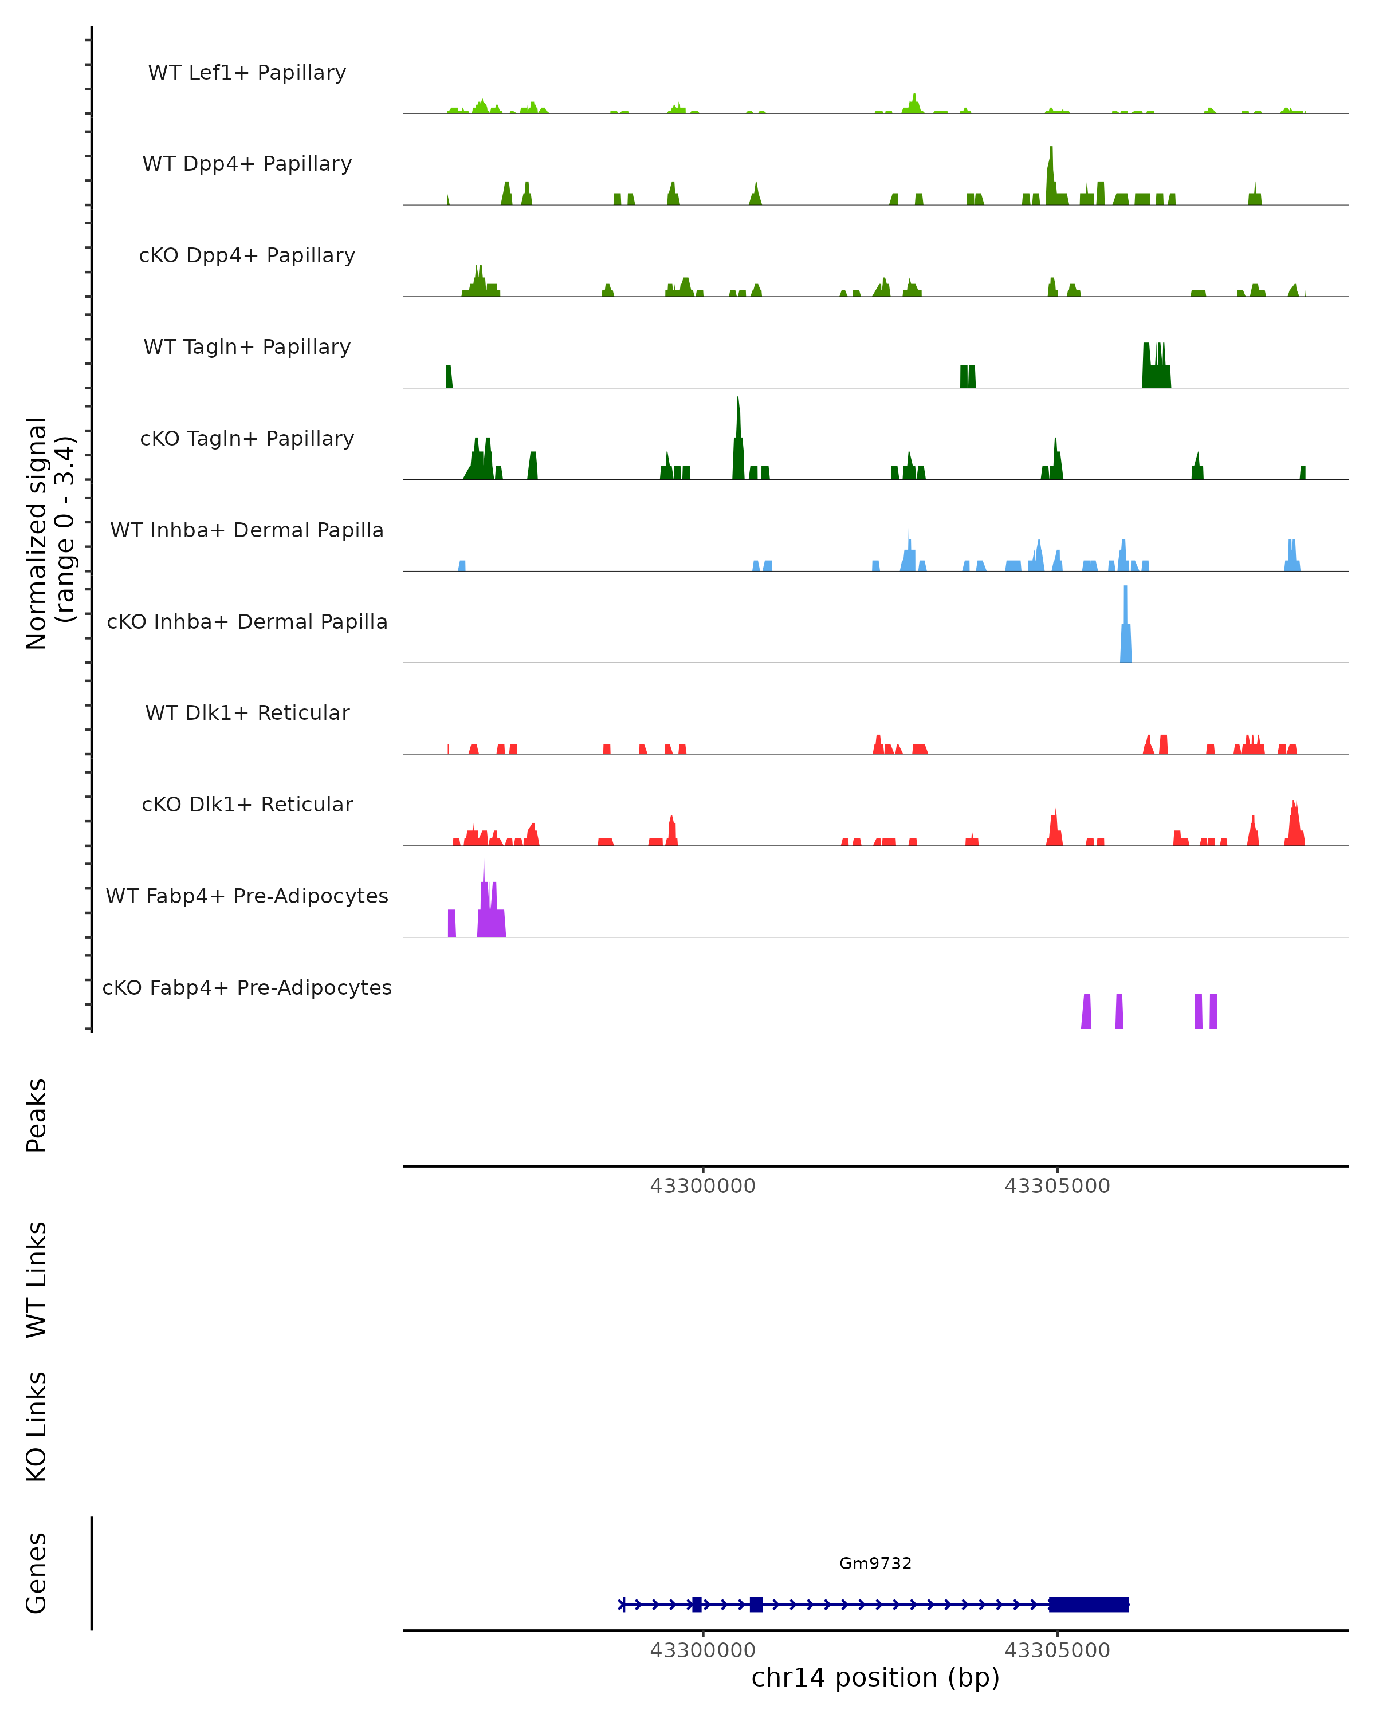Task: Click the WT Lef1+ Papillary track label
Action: (247, 73)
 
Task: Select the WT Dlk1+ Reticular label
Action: (247, 712)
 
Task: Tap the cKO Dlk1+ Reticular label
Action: (247, 804)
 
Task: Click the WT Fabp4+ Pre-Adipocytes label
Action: (247, 896)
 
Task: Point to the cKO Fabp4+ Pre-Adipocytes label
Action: (247, 987)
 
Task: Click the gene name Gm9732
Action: (875, 1563)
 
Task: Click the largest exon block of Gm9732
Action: (1088, 1604)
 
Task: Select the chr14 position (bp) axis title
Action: (875, 1677)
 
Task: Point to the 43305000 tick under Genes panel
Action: (1057, 1650)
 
